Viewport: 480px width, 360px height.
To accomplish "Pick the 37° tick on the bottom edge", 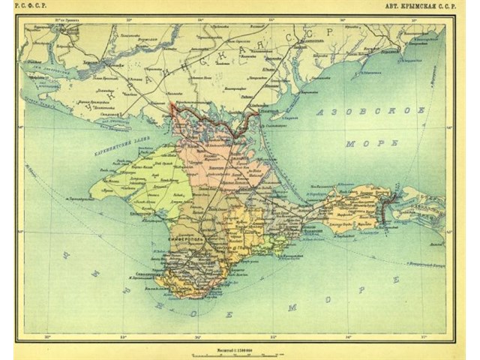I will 423,337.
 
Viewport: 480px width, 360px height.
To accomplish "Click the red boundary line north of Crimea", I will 202,116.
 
